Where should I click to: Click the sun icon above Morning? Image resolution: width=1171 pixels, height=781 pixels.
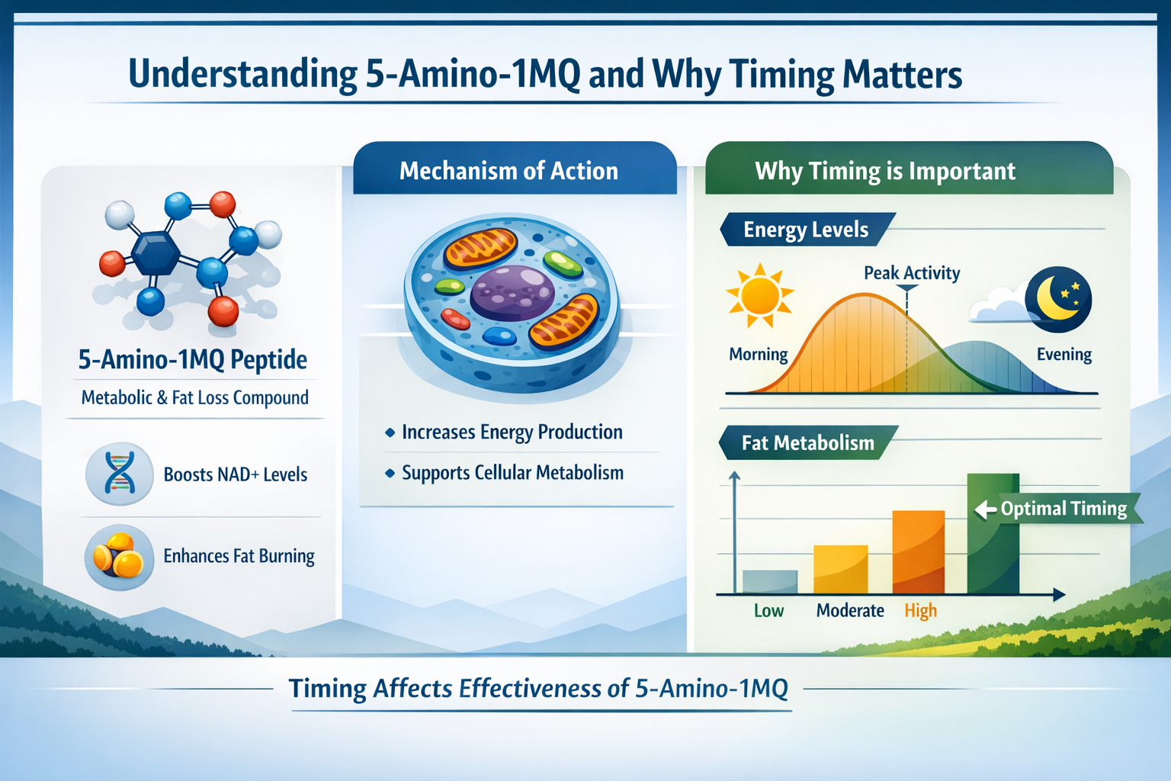[759, 295]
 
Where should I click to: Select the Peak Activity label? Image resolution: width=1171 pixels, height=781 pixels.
[911, 273]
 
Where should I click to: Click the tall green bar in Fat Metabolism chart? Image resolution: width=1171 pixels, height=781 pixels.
[993, 534]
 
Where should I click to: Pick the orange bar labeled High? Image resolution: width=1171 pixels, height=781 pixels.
[918, 552]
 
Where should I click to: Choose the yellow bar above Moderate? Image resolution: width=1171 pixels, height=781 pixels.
[840, 569]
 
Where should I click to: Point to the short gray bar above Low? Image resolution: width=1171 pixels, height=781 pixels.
[769, 581]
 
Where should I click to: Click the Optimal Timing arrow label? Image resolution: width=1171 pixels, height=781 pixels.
[1056, 509]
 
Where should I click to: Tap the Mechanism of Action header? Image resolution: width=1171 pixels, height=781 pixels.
[509, 171]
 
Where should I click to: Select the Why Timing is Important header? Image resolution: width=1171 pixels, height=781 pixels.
[884, 171]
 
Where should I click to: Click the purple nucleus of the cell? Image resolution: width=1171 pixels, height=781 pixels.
[512, 292]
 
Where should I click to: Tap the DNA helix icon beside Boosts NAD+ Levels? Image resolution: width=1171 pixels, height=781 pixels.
[120, 474]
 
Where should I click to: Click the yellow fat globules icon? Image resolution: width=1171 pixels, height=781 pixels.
[118, 556]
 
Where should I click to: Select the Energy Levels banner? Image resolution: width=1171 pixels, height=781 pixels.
[805, 230]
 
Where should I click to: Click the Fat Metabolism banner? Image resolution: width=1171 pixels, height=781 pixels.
[807, 443]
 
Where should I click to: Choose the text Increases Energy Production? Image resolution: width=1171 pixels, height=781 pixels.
[512, 432]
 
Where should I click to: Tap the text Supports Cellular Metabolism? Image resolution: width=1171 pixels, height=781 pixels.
[512, 473]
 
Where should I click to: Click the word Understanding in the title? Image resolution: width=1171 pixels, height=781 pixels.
[242, 75]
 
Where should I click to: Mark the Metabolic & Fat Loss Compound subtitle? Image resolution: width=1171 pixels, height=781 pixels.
[194, 397]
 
